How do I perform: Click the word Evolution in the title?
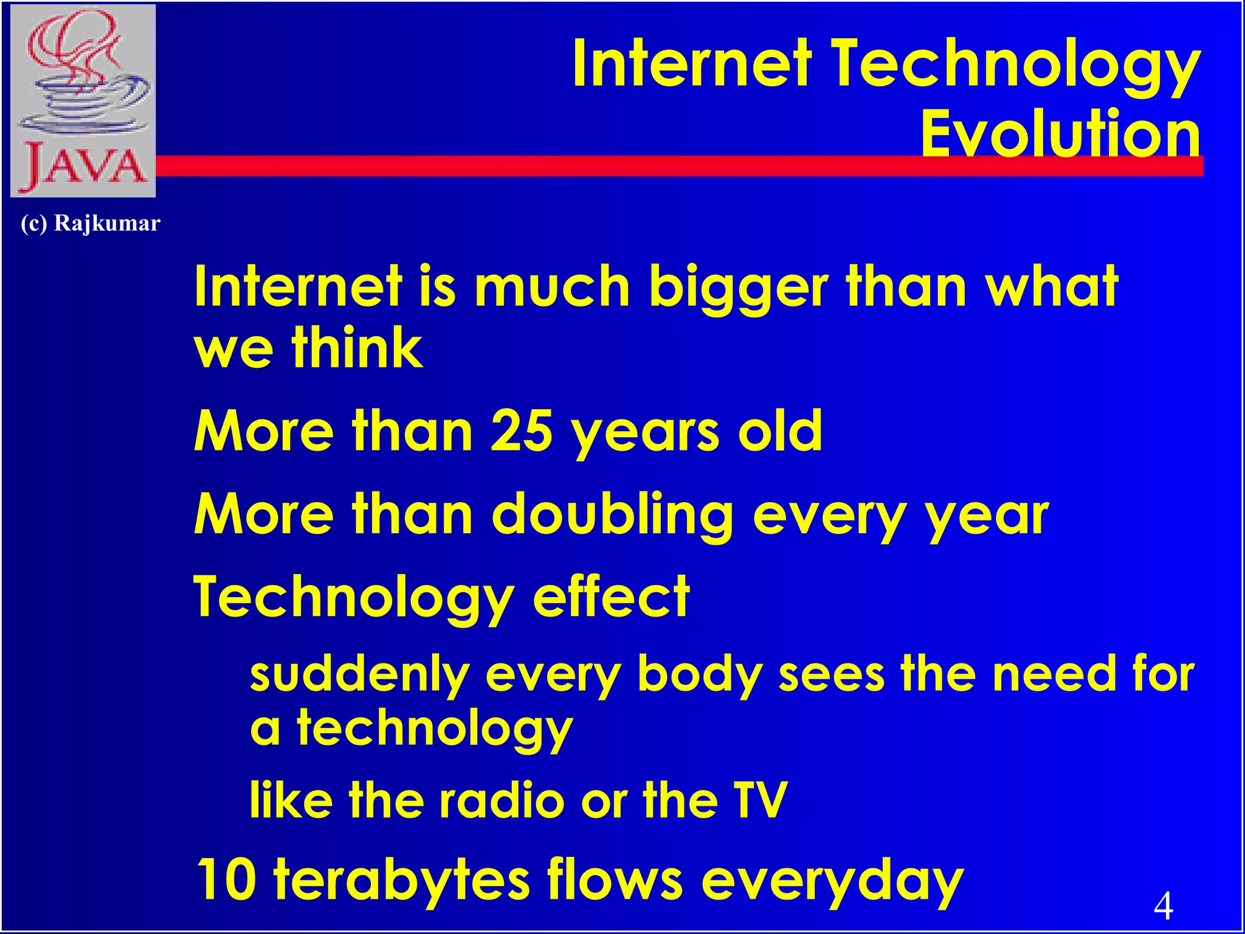coord(1061,133)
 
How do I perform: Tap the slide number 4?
coord(1163,905)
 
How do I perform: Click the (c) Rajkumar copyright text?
coord(90,223)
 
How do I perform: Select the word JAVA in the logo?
coord(84,165)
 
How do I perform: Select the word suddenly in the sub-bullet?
coord(359,675)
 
